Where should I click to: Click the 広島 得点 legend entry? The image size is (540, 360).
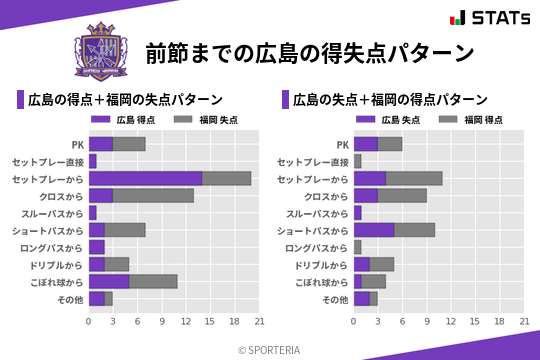click(x=119, y=120)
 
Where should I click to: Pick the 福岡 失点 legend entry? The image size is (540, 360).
click(x=202, y=120)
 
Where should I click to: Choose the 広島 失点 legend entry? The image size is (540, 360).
click(x=384, y=120)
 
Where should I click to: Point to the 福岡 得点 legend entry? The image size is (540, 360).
click(x=467, y=120)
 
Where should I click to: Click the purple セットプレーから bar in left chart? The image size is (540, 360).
click(x=145, y=178)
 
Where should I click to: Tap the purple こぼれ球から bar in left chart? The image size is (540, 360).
click(x=109, y=281)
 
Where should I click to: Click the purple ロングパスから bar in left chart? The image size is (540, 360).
click(x=97, y=247)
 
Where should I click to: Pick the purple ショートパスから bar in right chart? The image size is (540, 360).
click(x=374, y=230)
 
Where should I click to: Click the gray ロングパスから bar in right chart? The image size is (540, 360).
click(x=357, y=247)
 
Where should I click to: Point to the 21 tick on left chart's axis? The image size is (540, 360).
click(x=259, y=322)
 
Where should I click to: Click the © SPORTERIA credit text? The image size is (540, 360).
click(x=270, y=348)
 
